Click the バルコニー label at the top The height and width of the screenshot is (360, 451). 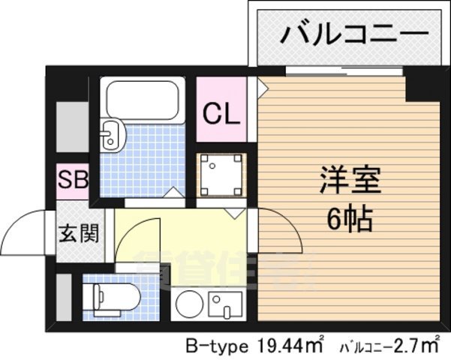[x=355, y=34]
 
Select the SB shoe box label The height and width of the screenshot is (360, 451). [x=74, y=180]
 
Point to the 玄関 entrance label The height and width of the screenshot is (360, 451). [x=78, y=234]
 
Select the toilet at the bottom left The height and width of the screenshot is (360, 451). [x=113, y=296]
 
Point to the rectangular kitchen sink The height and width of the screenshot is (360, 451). [x=224, y=305]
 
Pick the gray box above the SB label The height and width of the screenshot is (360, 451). [x=73, y=128]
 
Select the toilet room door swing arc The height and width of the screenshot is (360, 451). [x=139, y=247]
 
